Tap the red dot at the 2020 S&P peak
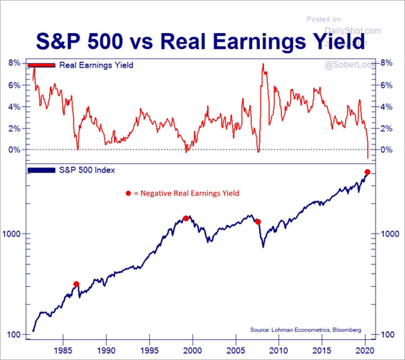point(368,172)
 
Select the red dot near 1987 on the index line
point(77,284)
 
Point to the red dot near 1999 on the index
point(186,218)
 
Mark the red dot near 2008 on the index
point(259,222)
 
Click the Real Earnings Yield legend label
point(96,65)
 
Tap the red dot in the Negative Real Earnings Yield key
point(129,193)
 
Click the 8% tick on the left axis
point(14,63)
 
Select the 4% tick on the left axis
point(14,106)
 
